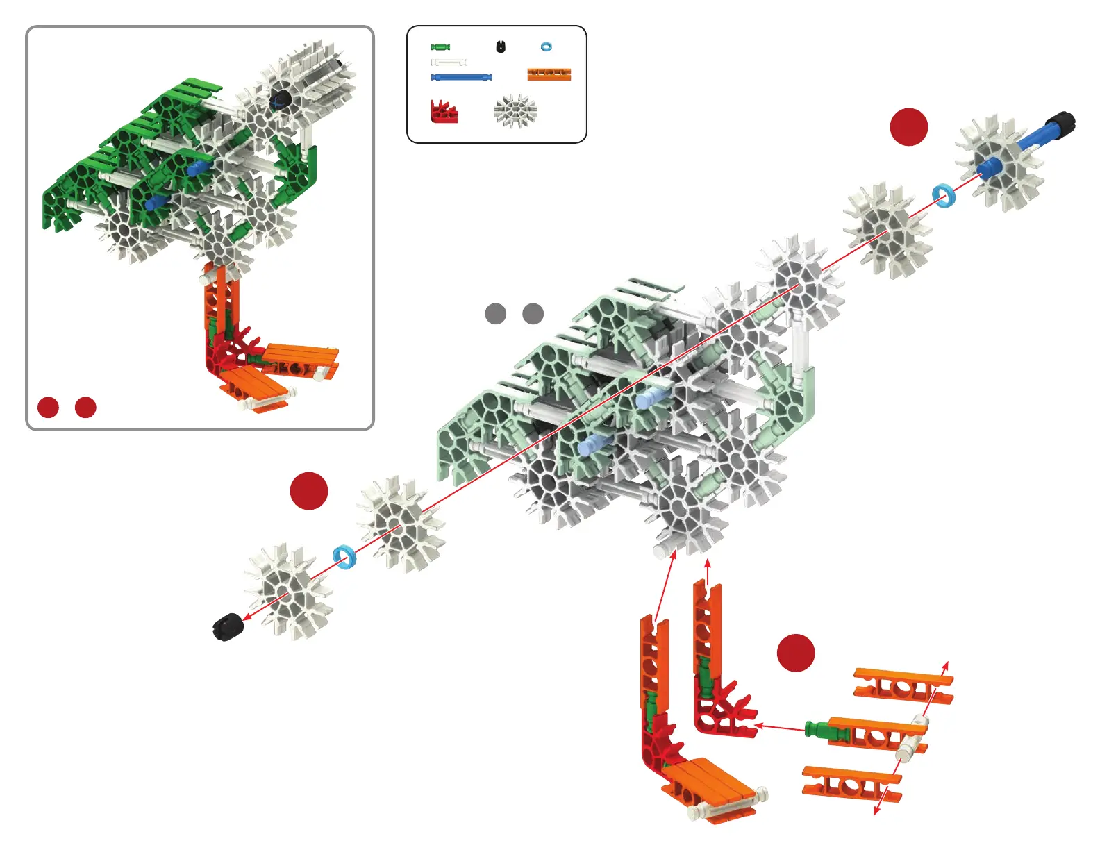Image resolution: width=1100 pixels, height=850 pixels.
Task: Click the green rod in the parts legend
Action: pos(440,47)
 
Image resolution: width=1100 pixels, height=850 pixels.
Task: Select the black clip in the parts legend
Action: pos(501,47)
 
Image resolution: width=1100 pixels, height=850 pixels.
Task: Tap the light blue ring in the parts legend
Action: pos(547,47)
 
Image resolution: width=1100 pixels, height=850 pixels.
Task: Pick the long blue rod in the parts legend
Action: pos(462,76)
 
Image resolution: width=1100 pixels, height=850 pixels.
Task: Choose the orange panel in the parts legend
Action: pos(549,74)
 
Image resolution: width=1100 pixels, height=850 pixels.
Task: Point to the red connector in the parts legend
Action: pos(444,112)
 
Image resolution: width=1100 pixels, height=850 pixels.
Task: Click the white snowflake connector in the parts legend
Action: pos(515,111)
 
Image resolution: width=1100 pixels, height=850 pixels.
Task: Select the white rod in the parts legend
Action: pos(449,62)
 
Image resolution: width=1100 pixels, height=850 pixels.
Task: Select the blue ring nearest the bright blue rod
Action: pos(943,196)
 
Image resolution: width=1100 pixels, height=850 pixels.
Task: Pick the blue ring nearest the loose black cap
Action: pos(344,556)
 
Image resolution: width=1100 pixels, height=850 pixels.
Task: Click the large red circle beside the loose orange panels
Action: pos(796,653)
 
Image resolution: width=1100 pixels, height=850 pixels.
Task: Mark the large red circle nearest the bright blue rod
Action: pos(909,127)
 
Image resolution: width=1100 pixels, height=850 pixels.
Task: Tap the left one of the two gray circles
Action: pos(495,313)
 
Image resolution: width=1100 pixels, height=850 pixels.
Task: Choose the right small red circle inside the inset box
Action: pos(85,407)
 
